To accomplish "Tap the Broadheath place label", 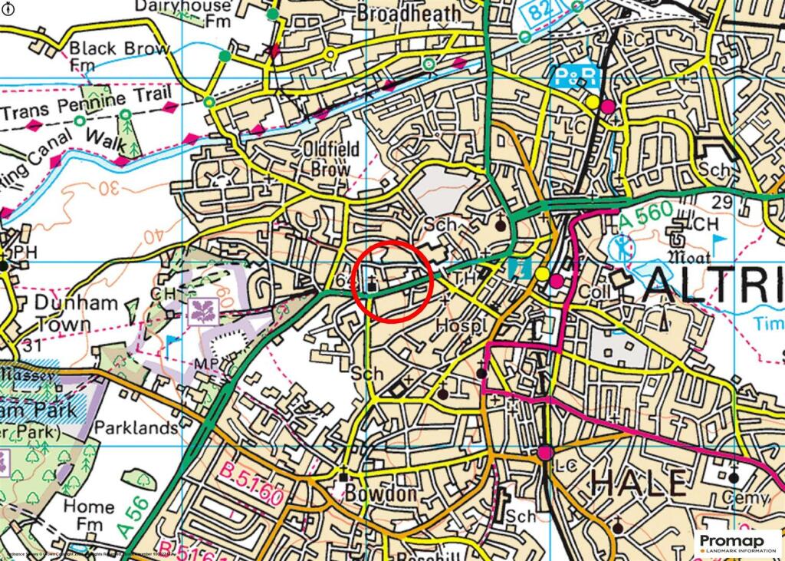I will (410, 13).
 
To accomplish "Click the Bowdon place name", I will (381, 493).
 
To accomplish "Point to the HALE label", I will (637, 483).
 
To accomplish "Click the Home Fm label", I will (88, 516).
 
